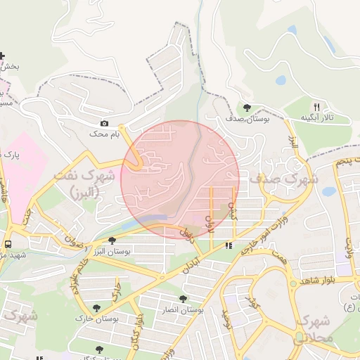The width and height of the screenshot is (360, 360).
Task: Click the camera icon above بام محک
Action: coord(105,124)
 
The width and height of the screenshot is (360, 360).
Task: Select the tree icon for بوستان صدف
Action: coord(247,108)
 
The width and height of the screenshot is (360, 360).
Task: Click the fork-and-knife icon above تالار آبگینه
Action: coord(316,105)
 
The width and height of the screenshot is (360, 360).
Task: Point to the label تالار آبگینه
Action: coord(316,117)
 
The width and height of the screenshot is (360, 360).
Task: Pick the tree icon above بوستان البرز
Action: coord(112,240)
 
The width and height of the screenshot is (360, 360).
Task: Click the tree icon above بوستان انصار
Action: coord(184,299)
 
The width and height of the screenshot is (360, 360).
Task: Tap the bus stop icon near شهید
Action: coord(7,244)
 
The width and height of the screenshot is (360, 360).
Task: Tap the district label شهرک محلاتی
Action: coord(314,328)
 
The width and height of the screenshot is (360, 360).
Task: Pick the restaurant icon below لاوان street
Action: coord(228,246)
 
